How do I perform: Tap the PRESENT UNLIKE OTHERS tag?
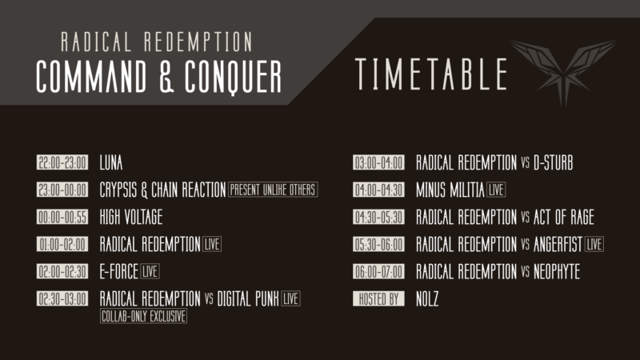point(273,190)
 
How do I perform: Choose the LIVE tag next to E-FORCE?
point(150,271)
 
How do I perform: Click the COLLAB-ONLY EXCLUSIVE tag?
point(143,316)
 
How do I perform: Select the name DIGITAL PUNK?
point(248,298)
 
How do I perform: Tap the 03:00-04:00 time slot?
point(379,162)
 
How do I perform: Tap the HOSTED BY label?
point(379,298)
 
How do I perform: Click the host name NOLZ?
point(427,298)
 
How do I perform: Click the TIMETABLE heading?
point(432,74)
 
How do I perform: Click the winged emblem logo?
point(564,70)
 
